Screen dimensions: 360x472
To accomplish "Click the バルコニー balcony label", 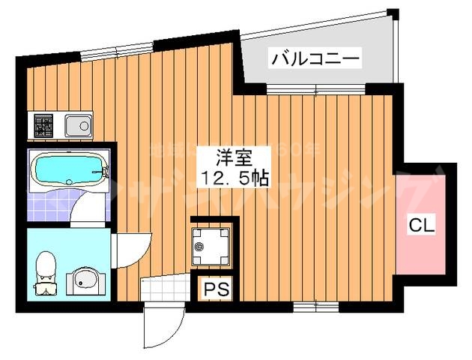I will pos(315,58).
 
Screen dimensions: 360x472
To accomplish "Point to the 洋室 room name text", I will pos(233,158).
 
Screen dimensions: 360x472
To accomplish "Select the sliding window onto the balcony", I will pos(315,90).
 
